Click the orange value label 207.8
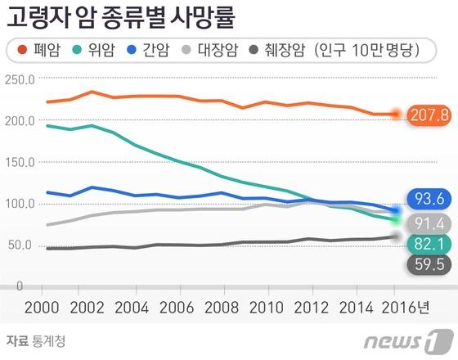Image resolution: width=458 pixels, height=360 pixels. click(430, 115)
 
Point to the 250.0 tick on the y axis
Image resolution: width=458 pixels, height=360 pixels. click(18, 80)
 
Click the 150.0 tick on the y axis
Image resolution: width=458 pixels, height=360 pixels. click(18, 163)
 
